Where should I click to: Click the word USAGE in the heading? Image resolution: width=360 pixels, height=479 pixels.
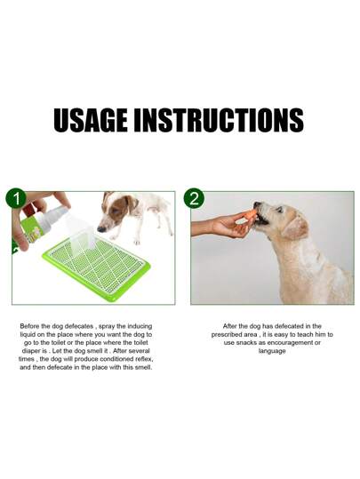[x=91, y=120]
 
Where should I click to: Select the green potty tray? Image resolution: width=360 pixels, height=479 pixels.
[x=97, y=267]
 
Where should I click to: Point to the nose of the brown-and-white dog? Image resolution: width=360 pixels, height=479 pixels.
[x=100, y=229]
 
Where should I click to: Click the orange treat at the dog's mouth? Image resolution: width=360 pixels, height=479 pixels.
[x=250, y=214]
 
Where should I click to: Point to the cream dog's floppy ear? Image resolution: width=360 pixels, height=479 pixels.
[x=295, y=228]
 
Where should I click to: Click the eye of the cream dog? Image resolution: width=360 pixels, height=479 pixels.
[x=279, y=210]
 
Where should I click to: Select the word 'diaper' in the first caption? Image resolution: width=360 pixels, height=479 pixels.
[x=30, y=351]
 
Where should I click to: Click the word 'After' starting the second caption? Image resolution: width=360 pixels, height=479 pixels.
[x=229, y=326]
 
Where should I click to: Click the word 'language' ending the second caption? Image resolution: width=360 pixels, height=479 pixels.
[x=272, y=351]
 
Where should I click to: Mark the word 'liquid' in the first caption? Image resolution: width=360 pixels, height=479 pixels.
[x=28, y=334]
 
